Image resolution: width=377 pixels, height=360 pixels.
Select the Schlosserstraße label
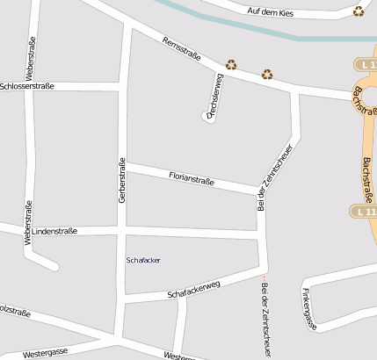pos(27,86)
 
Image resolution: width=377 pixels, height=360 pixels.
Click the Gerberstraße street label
pos(122,181)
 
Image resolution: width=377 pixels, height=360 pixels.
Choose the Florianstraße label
pos(192,179)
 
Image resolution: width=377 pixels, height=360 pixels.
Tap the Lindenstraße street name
pos(54,231)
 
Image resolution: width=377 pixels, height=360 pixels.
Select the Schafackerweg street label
pos(192,288)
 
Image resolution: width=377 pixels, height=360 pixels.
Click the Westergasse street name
pos(46,352)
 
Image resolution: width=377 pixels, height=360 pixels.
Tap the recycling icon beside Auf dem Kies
pos(359,11)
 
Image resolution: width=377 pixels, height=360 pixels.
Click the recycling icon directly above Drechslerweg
pos(231,64)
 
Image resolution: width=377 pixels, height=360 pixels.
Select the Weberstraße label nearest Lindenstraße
pos(29,222)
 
